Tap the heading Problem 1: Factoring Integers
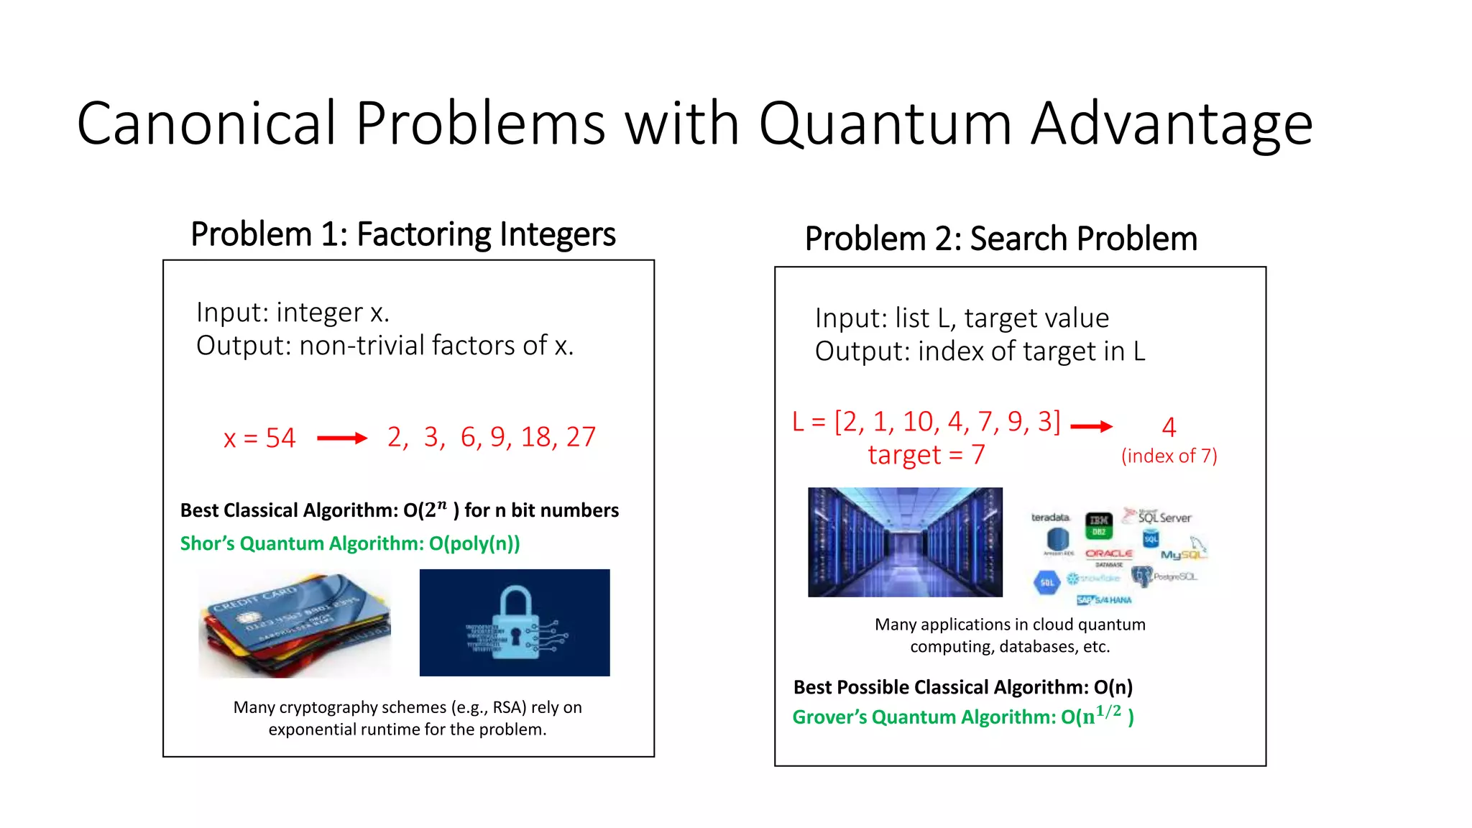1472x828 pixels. (x=402, y=234)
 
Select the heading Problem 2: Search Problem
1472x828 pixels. (x=1000, y=239)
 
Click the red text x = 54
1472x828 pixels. (x=259, y=438)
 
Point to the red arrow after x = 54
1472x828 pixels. (x=342, y=438)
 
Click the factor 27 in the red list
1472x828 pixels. (x=581, y=437)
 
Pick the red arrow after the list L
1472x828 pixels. (x=1091, y=426)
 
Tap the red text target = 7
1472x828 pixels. (x=926, y=455)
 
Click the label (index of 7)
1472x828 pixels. (x=1169, y=456)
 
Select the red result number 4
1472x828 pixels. (x=1169, y=428)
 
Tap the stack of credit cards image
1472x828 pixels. (x=295, y=624)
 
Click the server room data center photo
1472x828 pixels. (x=905, y=542)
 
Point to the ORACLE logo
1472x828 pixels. (x=1109, y=553)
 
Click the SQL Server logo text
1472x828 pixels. (x=1164, y=517)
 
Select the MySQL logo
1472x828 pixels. (x=1182, y=554)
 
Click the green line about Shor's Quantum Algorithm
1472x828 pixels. (x=350, y=543)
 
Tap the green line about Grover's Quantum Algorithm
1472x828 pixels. (x=963, y=717)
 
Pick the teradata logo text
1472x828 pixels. (x=1050, y=517)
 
